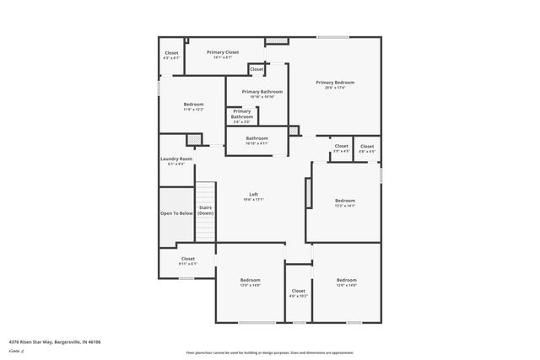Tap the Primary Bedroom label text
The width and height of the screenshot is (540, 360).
coord(335,83)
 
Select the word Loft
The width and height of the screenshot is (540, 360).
coord(253,194)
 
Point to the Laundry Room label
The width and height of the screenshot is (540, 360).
coord(176,159)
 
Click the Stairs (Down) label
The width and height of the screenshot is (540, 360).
coord(205,210)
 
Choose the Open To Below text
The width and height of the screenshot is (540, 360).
coord(176,213)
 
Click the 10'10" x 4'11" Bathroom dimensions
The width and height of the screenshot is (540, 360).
coord(256,143)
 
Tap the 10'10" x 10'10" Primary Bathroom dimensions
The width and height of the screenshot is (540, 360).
coord(262,97)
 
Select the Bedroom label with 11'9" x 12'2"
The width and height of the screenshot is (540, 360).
coord(193,105)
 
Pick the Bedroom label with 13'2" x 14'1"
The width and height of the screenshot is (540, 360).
coord(345,201)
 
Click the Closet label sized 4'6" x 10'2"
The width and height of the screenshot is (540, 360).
coord(298,291)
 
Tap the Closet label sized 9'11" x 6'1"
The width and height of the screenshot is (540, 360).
coord(187,259)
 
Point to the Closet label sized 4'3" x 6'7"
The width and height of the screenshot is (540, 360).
coord(171,53)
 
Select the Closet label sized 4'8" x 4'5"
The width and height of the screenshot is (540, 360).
coord(366,147)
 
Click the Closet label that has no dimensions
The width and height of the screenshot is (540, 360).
coord(256,69)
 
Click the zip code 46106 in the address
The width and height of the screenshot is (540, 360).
coord(81,341)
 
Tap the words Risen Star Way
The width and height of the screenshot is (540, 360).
coord(33,341)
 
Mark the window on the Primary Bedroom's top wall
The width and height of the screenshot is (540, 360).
coord(332,37)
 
